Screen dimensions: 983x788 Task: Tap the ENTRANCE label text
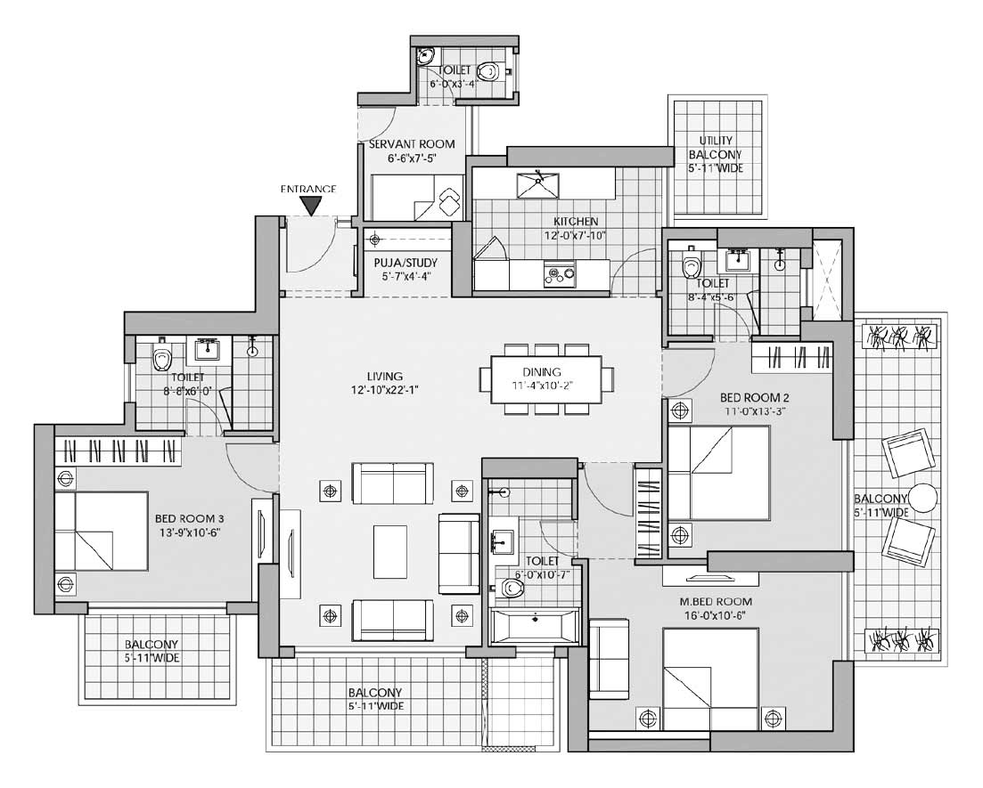(x=307, y=189)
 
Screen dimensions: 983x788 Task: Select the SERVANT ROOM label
(x=412, y=144)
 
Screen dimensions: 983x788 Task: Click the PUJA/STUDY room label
(x=405, y=263)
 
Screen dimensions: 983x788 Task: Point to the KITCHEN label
(x=576, y=221)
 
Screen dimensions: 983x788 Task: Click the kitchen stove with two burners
(x=559, y=273)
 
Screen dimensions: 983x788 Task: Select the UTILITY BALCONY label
(x=716, y=147)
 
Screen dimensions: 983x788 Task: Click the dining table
(x=546, y=379)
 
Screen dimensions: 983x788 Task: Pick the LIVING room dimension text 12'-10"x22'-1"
(x=384, y=390)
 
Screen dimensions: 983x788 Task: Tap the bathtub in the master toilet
(x=535, y=624)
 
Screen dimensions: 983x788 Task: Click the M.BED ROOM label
(x=716, y=601)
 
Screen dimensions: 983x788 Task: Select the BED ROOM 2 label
(x=754, y=397)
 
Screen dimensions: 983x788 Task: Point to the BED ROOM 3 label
(x=189, y=518)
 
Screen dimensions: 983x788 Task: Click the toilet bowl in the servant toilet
(x=489, y=69)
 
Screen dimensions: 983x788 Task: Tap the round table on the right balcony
(x=922, y=498)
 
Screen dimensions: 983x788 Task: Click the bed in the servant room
(x=416, y=198)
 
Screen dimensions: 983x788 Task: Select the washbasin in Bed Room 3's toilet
(x=207, y=349)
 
